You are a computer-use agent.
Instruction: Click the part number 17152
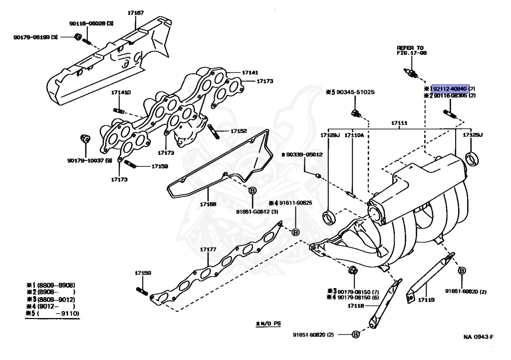click(x=238, y=131)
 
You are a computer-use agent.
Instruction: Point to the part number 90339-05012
click(x=304, y=155)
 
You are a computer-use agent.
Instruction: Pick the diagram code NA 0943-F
click(x=478, y=336)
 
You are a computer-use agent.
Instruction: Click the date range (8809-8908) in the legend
click(x=59, y=285)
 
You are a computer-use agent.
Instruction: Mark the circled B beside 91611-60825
click(x=295, y=232)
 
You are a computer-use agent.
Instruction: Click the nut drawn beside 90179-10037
click(x=84, y=138)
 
